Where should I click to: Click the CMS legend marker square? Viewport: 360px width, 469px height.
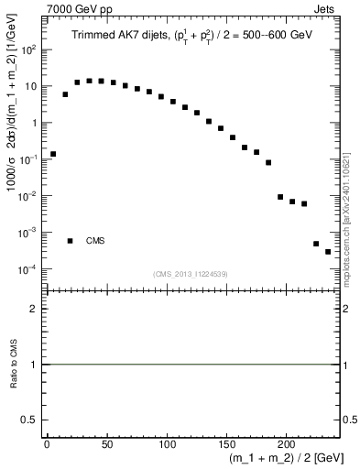pos(70,241)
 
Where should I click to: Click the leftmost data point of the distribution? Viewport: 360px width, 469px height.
pos(53,154)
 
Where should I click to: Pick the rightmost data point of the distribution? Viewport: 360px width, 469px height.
pos(328,252)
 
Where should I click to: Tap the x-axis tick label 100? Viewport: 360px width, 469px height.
pos(166,445)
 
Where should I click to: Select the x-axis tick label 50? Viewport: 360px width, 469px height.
pos(106,445)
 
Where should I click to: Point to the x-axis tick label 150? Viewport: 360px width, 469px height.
pos(226,445)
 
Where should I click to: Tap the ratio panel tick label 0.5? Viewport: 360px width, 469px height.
pos(28,420)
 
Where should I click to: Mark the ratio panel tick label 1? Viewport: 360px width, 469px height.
pos(33,365)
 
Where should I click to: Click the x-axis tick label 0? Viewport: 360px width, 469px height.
pos(47,445)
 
